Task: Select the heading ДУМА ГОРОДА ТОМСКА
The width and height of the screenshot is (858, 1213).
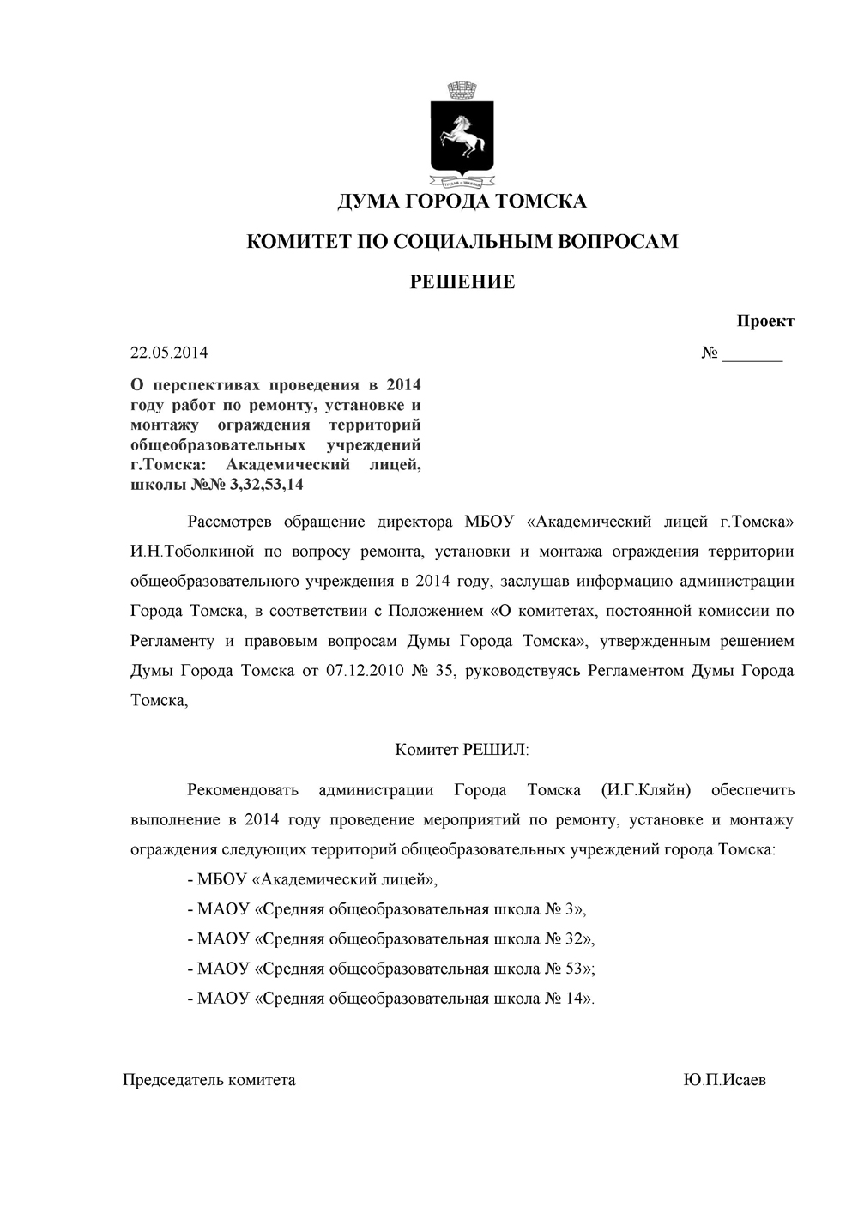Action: (x=462, y=202)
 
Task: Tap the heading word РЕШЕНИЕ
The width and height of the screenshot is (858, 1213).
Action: (x=462, y=281)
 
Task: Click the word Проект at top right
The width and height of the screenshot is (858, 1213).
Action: (x=765, y=321)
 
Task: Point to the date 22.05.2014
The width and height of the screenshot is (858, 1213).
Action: (x=169, y=353)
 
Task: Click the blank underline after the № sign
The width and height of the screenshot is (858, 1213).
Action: (x=752, y=354)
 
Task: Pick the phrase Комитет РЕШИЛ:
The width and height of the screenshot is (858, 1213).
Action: (x=462, y=750)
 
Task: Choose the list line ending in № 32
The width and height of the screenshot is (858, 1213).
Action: (x=390, y=938)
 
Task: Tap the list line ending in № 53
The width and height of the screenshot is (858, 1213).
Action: (x=390, y=969)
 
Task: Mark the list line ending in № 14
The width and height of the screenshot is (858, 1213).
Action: (x=390, y=999)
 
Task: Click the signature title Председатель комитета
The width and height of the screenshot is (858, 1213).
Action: (x=209, y=1080)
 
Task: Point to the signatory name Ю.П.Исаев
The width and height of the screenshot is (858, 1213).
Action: (x=724, y=1080)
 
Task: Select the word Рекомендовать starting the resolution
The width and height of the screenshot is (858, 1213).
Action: (x=243, y=790)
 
